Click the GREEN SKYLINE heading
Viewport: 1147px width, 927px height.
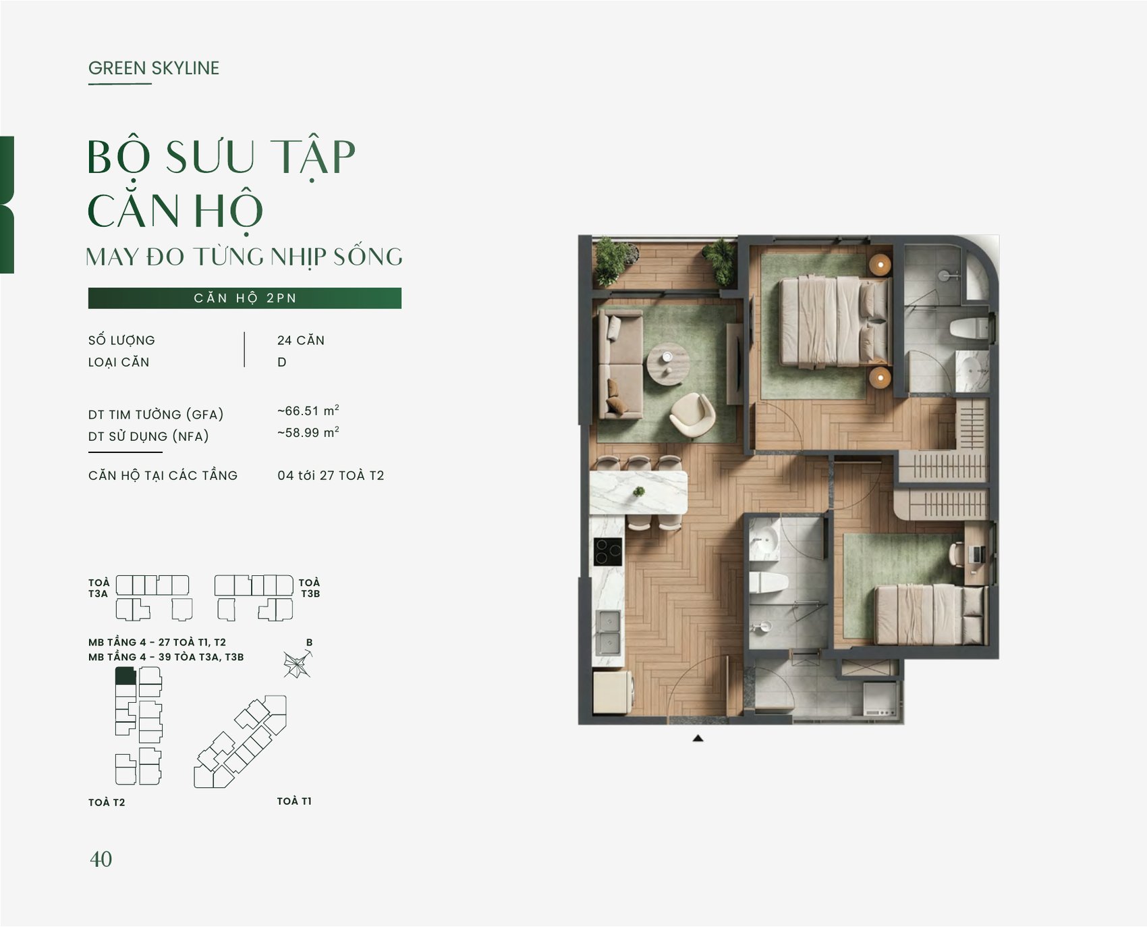click(x=154, y=68)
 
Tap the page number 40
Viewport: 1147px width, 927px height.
click(x=101, y=859)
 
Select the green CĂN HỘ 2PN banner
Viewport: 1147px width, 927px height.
click(x=245, y=298)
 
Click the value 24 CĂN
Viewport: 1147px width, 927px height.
click(x=301, y=340)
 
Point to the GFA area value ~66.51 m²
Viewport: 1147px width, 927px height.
click(x=308, y=410)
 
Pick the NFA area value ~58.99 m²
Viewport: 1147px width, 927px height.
click(x=308, y=432)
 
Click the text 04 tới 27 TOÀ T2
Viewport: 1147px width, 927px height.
click(x=331, y=475)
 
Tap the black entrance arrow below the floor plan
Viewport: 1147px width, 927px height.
click(x=698, y=739)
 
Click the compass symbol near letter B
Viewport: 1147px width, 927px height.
click(x=297, y=664)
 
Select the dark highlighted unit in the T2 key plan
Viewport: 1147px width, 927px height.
click(x=125, y=675)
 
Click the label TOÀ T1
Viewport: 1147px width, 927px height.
click(x=294, y=801)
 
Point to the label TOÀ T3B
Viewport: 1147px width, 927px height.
click(x=310, y=588)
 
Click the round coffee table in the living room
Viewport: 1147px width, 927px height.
click(x=668, y=364)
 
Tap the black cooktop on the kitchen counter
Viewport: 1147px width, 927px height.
click(x=608, y=552)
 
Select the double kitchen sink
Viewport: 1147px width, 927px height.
click(x=609, y=632)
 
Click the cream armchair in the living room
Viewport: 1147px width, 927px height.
click(x=692, y=415)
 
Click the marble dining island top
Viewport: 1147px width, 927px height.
click(x=638, y=493)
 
